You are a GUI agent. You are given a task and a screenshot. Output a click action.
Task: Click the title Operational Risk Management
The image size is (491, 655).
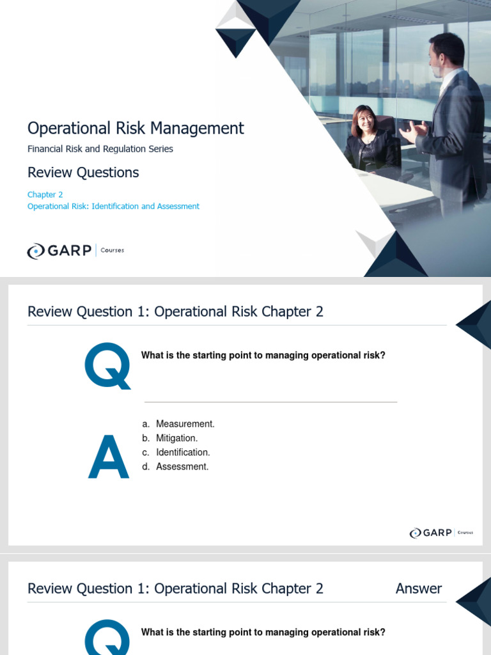[x=136, y=128]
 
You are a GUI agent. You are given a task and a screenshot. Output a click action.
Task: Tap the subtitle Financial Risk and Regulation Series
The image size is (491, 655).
[x=100, y=149]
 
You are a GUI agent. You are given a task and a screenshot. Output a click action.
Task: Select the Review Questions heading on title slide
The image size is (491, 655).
[x=83, y=173]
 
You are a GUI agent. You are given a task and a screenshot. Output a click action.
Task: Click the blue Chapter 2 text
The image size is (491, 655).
[x=45, y=194]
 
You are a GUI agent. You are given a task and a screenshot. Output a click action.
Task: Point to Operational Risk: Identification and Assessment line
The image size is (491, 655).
[x=113, y=207]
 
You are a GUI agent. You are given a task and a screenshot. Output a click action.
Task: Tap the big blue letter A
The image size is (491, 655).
[x=109, y=457]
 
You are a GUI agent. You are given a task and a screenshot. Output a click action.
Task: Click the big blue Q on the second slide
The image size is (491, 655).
[x=107, y=365]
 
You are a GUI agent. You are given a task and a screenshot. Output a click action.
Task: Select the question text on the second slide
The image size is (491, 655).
[x=263, y=356]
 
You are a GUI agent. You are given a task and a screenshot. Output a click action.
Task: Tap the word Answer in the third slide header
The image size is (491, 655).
[x=419, y=588]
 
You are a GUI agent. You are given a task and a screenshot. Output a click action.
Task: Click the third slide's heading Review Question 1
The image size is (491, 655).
[x=175, y=588]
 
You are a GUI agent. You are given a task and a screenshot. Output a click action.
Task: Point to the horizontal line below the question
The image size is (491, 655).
[x=270, y=402]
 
